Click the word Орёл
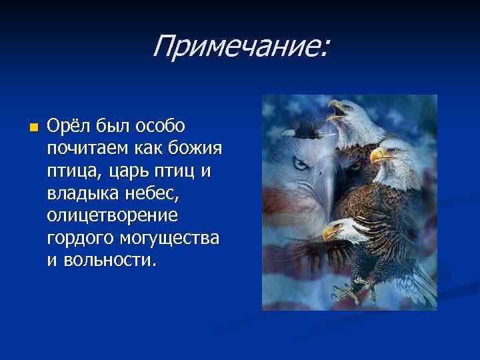coord(69,125)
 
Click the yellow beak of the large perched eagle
coord(378,156)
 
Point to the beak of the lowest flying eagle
coord(329,233)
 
